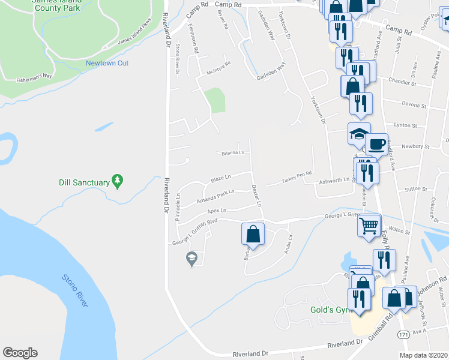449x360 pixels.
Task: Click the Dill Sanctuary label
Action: [x=84, y=182]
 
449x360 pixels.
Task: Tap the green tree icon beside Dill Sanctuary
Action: [x=118, y=180]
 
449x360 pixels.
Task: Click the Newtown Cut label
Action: [x=107, y=63]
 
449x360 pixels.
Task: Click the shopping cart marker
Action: [x=369, y=226]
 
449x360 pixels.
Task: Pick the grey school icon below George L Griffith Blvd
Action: [x=191, y=259]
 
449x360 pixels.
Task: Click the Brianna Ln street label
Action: [x=232, y=152]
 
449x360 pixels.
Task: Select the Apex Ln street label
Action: [x=217, y=211]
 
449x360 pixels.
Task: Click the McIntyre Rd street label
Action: [x=218, y=67]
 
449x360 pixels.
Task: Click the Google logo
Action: [x=20, y=353]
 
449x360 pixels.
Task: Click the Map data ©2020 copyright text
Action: [x=424, y=355]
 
